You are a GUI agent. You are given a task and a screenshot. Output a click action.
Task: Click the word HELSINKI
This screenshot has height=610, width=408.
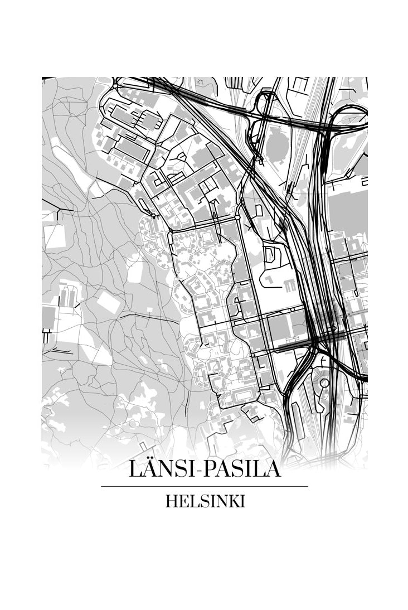tap(205, 501)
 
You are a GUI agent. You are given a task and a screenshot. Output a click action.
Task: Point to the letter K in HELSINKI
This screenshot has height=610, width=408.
tap(231, 501)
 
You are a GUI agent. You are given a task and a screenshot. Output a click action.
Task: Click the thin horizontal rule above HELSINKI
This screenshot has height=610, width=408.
tap(205, 486)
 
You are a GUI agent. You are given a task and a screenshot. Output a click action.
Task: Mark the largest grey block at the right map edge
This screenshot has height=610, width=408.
tap(348, 212)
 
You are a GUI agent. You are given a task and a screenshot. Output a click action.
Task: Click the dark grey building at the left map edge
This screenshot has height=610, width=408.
tap(48, 317)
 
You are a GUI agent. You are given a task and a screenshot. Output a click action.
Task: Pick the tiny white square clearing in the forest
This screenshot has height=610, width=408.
tap(135, 274)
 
